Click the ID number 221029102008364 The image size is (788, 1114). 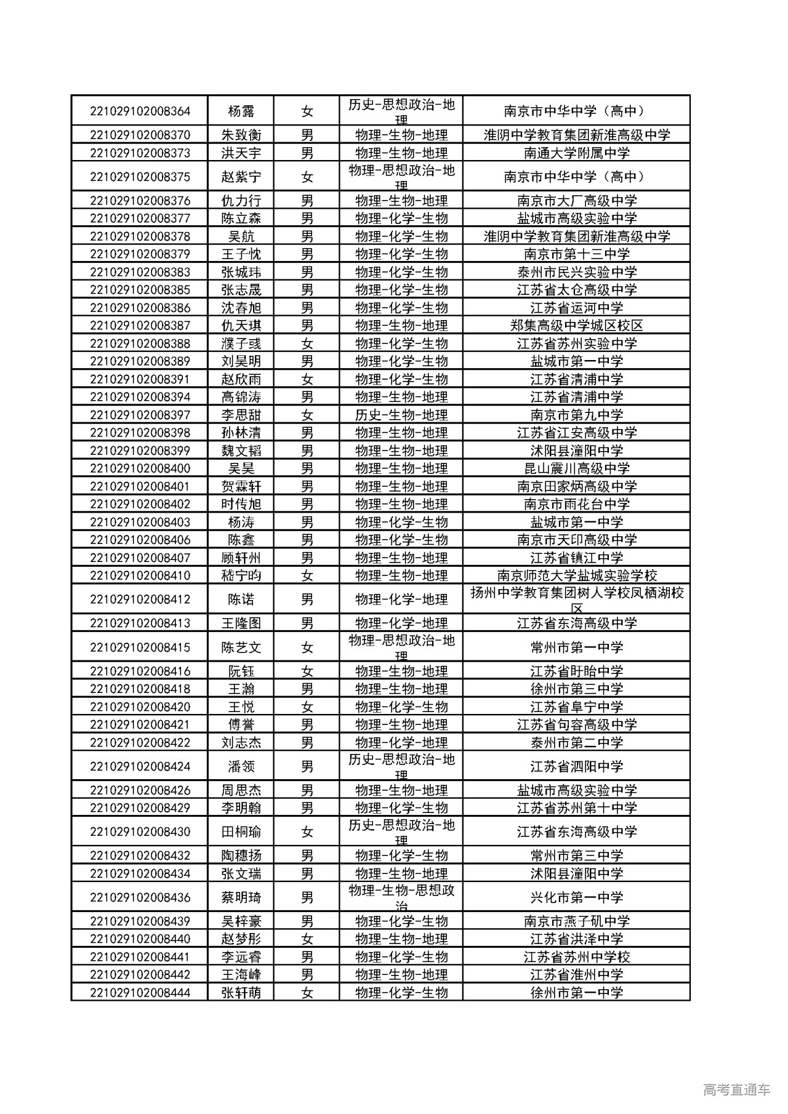click(x=140, y=111)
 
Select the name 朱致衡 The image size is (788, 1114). click(x=241, y=135)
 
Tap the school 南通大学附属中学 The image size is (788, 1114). click(x=576, y=153)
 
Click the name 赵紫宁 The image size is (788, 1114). click(x=241, y=177)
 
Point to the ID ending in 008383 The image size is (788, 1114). click(x=140, y=272)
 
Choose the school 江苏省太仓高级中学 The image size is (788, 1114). click(x=576, y=290)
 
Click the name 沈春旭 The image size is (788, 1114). click(x=241, y=308)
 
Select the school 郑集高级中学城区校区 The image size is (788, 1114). click(x=576, y=326)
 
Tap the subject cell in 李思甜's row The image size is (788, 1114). click(x=401, y=415)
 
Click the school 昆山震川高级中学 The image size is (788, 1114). click(x=576, y=468)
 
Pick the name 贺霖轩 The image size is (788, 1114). click(x=241, y=486)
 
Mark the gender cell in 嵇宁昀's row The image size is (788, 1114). click(x=307, y=575)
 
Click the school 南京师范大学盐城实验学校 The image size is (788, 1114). click(x=576, y=575)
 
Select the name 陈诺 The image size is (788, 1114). click(x=241, y=599)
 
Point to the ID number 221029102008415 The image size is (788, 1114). click(x=140, y=647)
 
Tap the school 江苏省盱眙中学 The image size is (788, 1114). click(x=576, y=671)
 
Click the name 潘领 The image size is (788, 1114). click(x=241, y=766)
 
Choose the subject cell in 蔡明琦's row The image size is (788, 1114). click(x=401, y=897)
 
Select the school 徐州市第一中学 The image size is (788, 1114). click(x=576, y=992)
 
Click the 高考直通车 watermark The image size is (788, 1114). click(x=736, y=1090)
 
